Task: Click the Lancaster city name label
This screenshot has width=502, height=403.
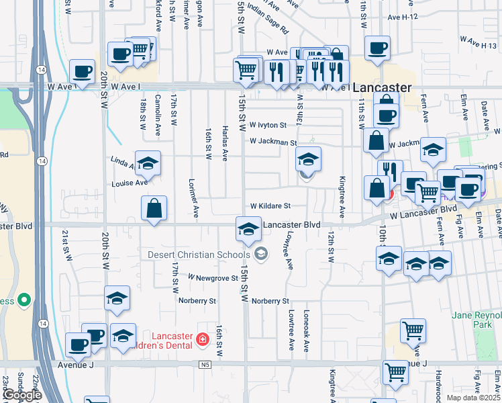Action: [x=382, y=88]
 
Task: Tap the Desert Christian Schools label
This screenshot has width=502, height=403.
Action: [x=199, y=255]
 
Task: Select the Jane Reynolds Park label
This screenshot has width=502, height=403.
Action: [x=477, y=319]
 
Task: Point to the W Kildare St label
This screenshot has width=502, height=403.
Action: [x=270, y=206]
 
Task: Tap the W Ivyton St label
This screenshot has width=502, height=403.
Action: [x=268, y=125]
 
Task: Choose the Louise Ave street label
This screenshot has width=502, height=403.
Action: [x=130, y=182]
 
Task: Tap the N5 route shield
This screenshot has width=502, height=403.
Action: [x=205, y=365]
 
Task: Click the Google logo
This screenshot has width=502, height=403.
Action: [x=22, y=395]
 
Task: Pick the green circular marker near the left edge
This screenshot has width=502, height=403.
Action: [x=25, y=300]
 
